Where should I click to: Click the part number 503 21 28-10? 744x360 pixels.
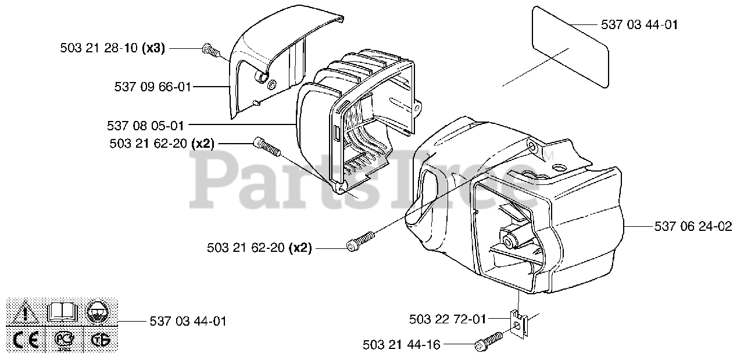coord(99,49)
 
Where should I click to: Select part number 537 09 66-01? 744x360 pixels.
coord(153,87)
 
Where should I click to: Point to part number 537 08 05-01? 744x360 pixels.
coord(145,125)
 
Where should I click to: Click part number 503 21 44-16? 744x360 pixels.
coord(400,345)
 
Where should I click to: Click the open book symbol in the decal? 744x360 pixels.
coord(61,313)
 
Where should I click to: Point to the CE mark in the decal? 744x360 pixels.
coord(25,340)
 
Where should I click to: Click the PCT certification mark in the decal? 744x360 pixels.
coord(62,340)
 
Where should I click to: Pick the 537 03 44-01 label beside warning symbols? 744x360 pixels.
coord(188,321)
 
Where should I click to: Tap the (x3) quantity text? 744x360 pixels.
coord(154,49)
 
